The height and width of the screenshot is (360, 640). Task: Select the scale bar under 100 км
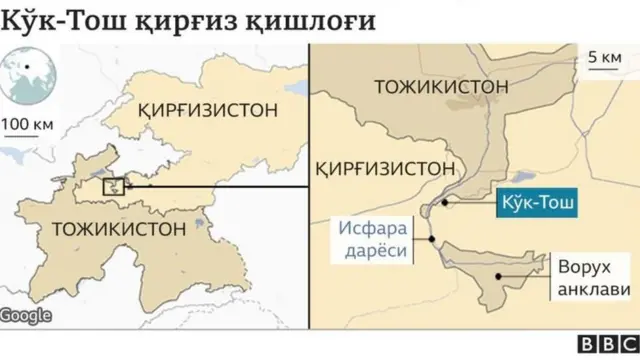coord(30,139)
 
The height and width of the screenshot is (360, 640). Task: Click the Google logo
coord(25,315)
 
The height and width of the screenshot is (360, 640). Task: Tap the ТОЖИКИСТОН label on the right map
coord(441,87)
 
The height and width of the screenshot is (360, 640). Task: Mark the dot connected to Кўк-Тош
coord(444,203)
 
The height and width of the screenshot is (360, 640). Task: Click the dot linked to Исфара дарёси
coord(431,240)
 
